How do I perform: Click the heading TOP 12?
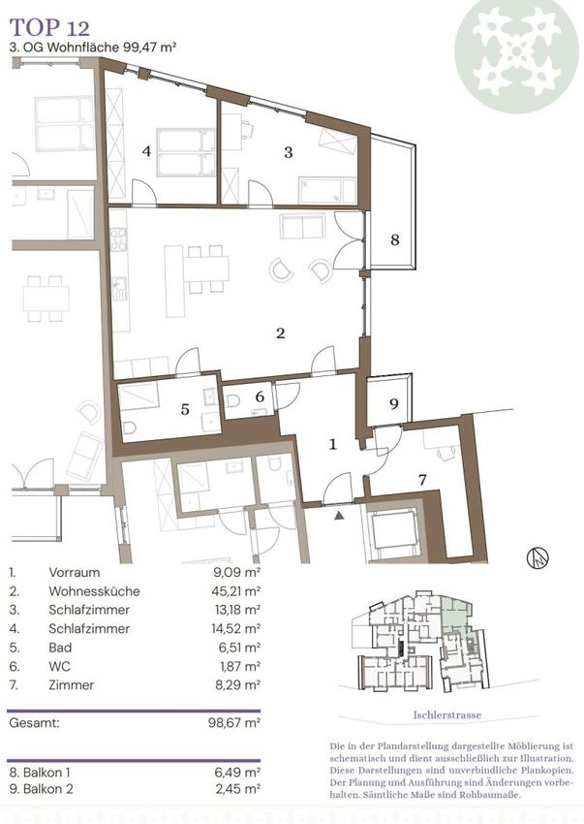(x=50, y=27)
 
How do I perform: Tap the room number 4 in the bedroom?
(x=146, y=151)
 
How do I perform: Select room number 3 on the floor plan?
(x=289, y=152)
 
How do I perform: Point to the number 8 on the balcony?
(x=395, y=239)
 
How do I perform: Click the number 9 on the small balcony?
(x=394, y=403)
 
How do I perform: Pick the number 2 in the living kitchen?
(x=281, y=333)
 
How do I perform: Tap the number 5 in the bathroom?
(x=185, y=409)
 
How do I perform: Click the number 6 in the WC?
(x=260, y=396)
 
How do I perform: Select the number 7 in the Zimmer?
(x=422, y=479)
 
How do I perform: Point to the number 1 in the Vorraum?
(x=332, y=444)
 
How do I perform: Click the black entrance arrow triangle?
(x=340, y=516)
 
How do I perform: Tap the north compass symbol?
(x=538, y=557)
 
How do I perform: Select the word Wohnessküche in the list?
(x=95, y=591)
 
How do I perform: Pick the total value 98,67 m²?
(x=234, y=722)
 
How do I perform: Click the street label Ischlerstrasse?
(x=446, y=714)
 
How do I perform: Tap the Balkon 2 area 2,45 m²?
(x=238, y=789)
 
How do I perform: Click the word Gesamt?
(x=34, y=722)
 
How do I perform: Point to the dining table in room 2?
(x=206, y=269)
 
